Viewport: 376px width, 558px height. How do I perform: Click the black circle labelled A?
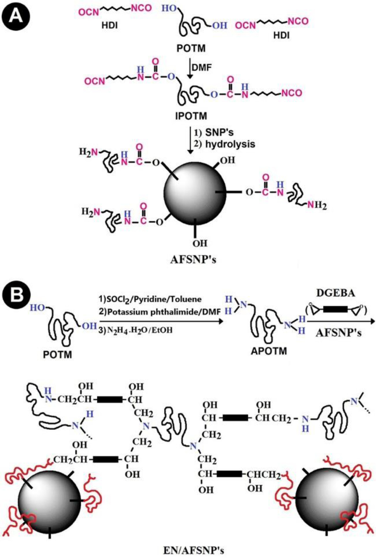click(16, 16)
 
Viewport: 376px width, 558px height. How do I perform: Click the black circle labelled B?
click(16, 294)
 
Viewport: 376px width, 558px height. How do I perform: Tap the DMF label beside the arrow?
click(202, 67)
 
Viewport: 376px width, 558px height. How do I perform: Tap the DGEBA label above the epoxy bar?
click(335, 293)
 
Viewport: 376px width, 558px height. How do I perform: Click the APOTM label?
click(269, 351)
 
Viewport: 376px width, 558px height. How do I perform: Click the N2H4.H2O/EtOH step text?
click(139, 330)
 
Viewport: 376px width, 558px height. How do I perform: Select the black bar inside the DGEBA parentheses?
click(335, 309)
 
